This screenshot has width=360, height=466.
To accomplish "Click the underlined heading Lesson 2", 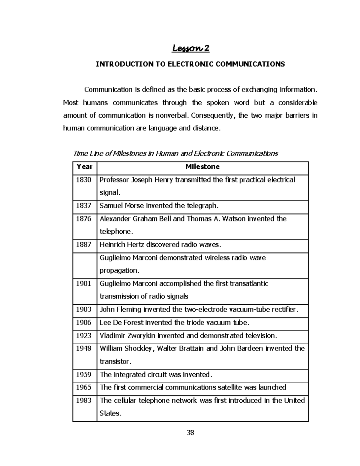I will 190,49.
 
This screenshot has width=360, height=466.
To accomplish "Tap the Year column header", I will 84,167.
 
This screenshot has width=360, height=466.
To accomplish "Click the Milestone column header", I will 202,167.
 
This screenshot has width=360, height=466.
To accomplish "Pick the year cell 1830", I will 84,180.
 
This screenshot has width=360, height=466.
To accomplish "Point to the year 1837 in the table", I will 84,206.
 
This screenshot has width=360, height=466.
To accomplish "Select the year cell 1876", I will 84,219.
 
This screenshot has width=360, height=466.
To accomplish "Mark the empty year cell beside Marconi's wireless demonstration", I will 84,266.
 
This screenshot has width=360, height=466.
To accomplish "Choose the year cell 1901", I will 84,284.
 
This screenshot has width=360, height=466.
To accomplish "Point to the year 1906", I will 84,323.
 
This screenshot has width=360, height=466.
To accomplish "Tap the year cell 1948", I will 84,349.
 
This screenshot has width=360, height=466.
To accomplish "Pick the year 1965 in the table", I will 84,387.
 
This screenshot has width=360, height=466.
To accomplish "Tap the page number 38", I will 190,433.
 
